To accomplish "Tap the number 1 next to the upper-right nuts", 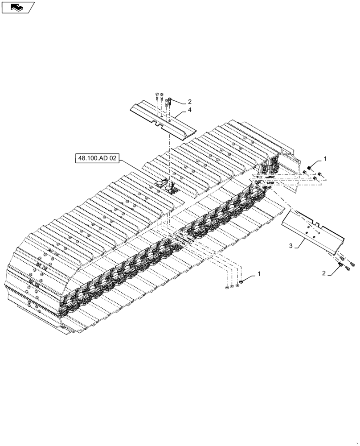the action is [325, 158].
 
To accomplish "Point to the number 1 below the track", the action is [259, 273].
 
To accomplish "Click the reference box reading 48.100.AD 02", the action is [98, 159].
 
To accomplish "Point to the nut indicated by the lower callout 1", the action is [241, 283].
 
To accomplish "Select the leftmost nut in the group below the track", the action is [227, 288].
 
